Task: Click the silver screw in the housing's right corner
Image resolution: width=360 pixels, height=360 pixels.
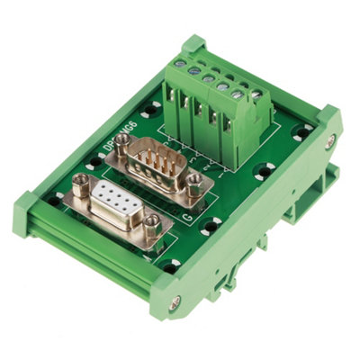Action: (329, 140)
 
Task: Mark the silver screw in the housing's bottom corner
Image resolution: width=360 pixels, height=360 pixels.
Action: (174, 302)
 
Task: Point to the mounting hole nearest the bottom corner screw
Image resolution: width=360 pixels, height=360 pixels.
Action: (171, 266)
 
